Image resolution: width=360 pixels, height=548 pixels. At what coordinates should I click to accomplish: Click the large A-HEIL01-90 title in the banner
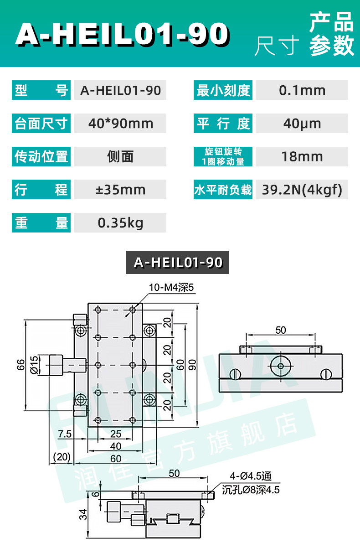pos(122,34)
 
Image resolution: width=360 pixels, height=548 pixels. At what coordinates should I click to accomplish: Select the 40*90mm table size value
pos(120,124)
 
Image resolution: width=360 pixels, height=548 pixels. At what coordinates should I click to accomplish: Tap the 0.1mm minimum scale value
pos(302,90)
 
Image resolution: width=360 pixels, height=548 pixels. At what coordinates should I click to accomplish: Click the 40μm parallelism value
pos(302,124)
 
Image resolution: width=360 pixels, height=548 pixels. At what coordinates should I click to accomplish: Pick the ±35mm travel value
pos(120,190)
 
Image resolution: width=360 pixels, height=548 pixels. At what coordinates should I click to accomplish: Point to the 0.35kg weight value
pos(120,223)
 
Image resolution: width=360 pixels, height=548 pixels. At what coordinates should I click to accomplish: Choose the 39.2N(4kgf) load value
pos(302,190)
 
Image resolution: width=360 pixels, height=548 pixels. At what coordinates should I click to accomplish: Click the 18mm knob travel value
pos(302,157)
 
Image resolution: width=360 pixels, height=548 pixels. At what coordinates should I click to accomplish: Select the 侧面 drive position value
pos(120,157)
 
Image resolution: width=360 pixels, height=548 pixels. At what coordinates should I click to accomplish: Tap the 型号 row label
pos(41,90)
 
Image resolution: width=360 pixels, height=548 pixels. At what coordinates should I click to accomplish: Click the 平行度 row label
pos(223,124)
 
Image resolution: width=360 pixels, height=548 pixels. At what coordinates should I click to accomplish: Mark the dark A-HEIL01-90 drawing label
pos(178,263)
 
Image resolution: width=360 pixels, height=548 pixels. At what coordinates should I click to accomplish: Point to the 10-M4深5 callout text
pos(171,288)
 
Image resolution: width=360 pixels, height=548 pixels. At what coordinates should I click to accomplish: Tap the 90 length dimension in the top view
pos(193,364)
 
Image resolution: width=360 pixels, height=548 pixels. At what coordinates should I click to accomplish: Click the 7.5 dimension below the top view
pos(65,434)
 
